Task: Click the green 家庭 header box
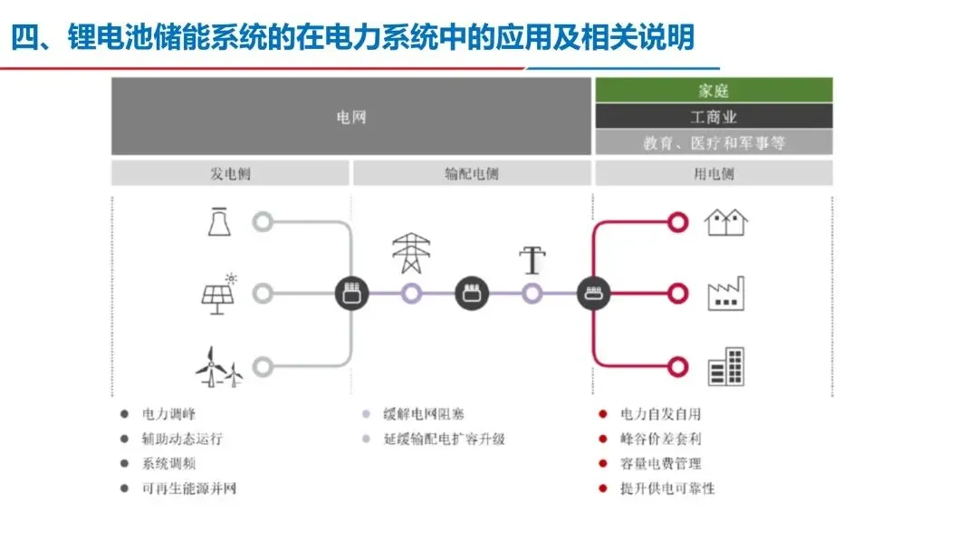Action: tap(713, 91)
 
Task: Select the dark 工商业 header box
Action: tap(713, 117)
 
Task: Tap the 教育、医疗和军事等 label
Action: tap(713, 142)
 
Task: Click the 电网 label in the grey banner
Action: tap(351, 117)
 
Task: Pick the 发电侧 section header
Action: tap(230, 173)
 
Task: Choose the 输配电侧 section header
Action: tap(472, 173)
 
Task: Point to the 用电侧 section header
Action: tap(713, 173)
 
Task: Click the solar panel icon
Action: tap(218, 295)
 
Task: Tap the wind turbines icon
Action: tap(218, 366)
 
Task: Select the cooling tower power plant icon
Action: tap(218, 221)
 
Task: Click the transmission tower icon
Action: tap(411, 254)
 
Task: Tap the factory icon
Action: tap(725, 294)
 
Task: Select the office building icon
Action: tap(725, 366)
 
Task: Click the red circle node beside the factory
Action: tap(677, 294)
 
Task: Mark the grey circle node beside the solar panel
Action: tap(263, 294)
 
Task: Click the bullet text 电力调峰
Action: tap(169, 414)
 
